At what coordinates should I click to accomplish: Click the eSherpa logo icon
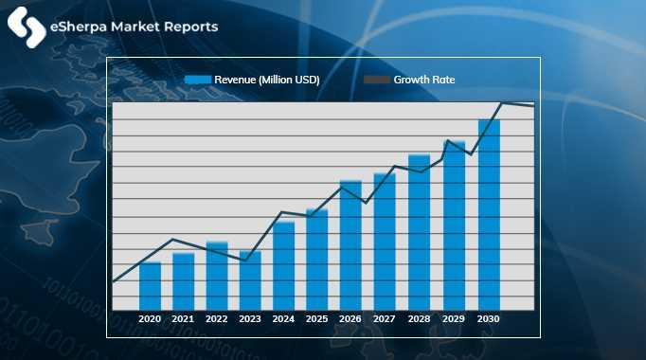[26, 27]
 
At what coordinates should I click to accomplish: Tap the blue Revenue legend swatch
[197, 81]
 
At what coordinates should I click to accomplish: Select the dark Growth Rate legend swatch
[377, 81]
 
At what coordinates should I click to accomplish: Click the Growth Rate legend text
[424, 81]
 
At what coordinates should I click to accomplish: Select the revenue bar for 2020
[150, 286]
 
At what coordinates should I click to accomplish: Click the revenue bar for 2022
[217, 276]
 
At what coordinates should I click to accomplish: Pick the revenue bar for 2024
[284, 265]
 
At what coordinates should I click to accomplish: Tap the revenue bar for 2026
[350, 245]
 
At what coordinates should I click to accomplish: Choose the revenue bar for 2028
[419, 232]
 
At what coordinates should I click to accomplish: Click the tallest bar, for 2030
[488, 215]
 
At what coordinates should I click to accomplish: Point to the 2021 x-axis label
[183, 320]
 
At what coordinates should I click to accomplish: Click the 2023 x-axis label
[250, 320]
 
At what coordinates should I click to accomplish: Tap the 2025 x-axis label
[317, 320]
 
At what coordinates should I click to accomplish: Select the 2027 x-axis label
[385, 320]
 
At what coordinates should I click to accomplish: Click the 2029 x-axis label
[454, 320]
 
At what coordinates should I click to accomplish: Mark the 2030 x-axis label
[488, 320]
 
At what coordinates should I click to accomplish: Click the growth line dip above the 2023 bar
[246, 260]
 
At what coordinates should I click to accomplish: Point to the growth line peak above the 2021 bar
[173, 239]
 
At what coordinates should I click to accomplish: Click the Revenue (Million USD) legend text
[266, 81]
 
